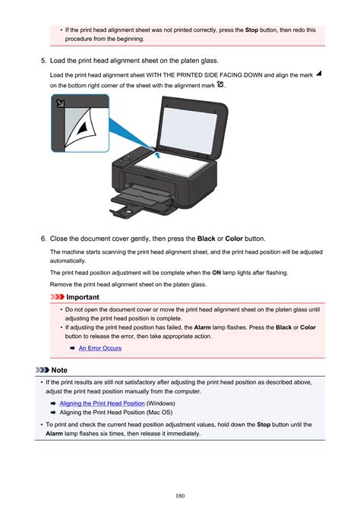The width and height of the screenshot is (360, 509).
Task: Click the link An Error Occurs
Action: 100,348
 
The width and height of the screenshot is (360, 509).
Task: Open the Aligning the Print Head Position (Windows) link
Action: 102,403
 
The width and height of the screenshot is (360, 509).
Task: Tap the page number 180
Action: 180,495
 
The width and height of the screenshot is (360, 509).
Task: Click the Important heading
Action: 83,297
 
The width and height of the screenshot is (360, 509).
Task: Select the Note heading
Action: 59,370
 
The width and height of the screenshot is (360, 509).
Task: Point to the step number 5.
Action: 43,61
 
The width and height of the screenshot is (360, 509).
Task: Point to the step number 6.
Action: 43,239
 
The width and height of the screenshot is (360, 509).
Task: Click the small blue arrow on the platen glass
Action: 157,155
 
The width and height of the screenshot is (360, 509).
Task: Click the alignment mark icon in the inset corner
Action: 60,103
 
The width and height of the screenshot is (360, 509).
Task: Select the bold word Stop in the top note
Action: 251,30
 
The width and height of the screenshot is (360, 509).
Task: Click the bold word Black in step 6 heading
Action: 206,239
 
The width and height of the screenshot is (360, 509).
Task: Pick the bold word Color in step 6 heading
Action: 234,239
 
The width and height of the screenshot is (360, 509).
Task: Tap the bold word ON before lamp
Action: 216,273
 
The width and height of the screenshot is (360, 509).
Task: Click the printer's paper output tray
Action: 141,201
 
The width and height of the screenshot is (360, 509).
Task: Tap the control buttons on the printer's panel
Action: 125,160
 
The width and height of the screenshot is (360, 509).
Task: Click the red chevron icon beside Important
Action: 58,297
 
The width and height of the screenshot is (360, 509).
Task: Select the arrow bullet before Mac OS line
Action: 54,413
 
